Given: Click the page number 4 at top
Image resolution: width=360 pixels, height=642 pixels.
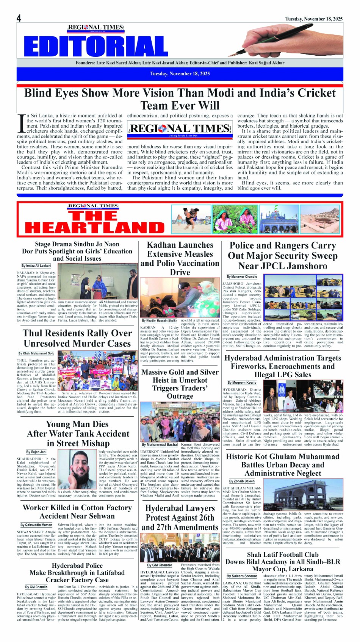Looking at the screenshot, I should click(x=19, y=18).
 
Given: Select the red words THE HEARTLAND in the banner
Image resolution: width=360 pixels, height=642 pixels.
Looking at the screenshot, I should click(x=95, y=222).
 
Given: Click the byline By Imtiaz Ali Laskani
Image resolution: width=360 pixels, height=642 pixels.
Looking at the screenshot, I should click(x=36, y=266).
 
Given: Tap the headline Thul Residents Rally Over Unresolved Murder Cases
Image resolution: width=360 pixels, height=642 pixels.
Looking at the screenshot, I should click(x=77, y=338).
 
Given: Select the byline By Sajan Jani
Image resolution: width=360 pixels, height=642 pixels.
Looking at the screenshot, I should click(x=36, y=452).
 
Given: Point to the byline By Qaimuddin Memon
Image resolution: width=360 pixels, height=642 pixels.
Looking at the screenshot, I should click(x=36, y=525).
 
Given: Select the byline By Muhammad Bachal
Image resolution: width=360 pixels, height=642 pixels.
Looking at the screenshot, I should click(x=160, y=445).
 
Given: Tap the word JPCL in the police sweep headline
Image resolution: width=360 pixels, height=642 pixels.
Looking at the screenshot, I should click(x=263, y=266).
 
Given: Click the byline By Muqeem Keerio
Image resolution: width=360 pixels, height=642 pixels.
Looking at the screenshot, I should click(x=242, y=383).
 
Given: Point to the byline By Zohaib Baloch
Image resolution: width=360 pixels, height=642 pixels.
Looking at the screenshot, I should click(x=242, y=481).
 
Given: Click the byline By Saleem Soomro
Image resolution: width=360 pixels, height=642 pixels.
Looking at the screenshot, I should click(x=242, y=576).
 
